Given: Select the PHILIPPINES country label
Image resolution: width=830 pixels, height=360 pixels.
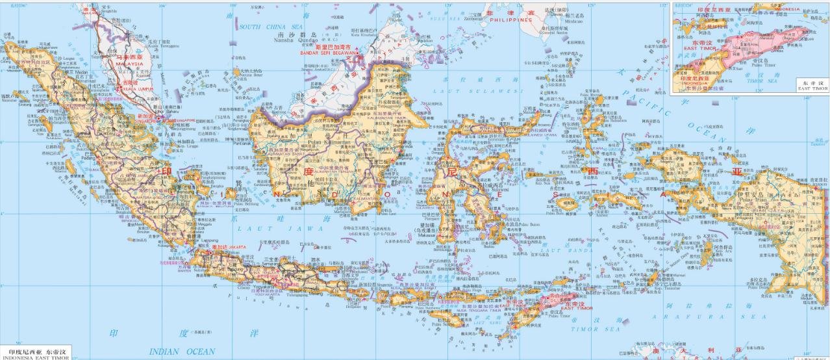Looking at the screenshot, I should (x=510, y=20).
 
